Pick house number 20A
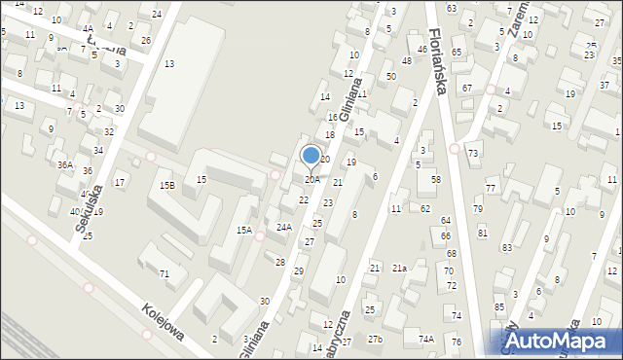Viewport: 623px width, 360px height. tap(311, 180)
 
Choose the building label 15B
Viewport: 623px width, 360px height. tap(167, 185)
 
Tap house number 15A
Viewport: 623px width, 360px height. tap(244, 231)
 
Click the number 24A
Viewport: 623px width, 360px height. tap(283, 227)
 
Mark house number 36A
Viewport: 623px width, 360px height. tap(64, 165)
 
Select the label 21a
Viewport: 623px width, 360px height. tap(400, 268)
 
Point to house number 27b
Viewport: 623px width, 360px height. tap(375, 339)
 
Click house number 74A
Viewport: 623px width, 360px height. tap(425, 339)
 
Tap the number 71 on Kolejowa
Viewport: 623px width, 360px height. tap(165, 274)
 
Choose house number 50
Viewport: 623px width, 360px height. tap(390, 76)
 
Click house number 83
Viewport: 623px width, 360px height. tap(507, 248)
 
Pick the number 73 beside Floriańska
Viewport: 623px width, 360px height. tap(472, 154)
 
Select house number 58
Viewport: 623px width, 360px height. tap(436, 180)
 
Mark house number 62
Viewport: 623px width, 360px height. tap(425, 208)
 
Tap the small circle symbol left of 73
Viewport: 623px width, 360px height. tap(456, 148)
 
